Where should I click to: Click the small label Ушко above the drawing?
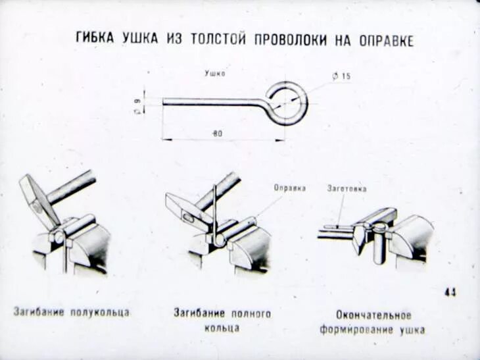[214, 74]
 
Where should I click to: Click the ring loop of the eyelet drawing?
[288, 103]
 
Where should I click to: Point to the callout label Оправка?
[289, 188]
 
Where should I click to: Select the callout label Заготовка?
[347, 188]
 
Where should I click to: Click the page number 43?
[450, 292]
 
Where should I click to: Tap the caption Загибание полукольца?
[71, 312]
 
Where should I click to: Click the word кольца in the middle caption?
[222, 327]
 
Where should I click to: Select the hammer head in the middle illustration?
[185, 209]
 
